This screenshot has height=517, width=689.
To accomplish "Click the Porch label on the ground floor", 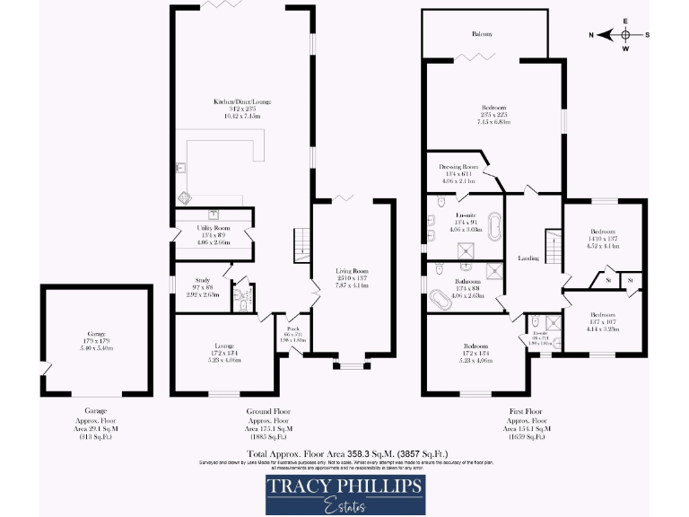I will coord(292,329).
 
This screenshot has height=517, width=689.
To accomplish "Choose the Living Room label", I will coord(353,270).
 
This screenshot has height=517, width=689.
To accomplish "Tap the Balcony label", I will coord(483,33).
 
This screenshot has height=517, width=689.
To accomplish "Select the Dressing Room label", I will coord(458,167).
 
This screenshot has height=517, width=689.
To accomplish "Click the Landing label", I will coord(528,258).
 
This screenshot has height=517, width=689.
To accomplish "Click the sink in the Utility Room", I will coord(214,214).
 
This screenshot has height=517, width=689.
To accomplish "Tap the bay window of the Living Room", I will coord(349,364).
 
